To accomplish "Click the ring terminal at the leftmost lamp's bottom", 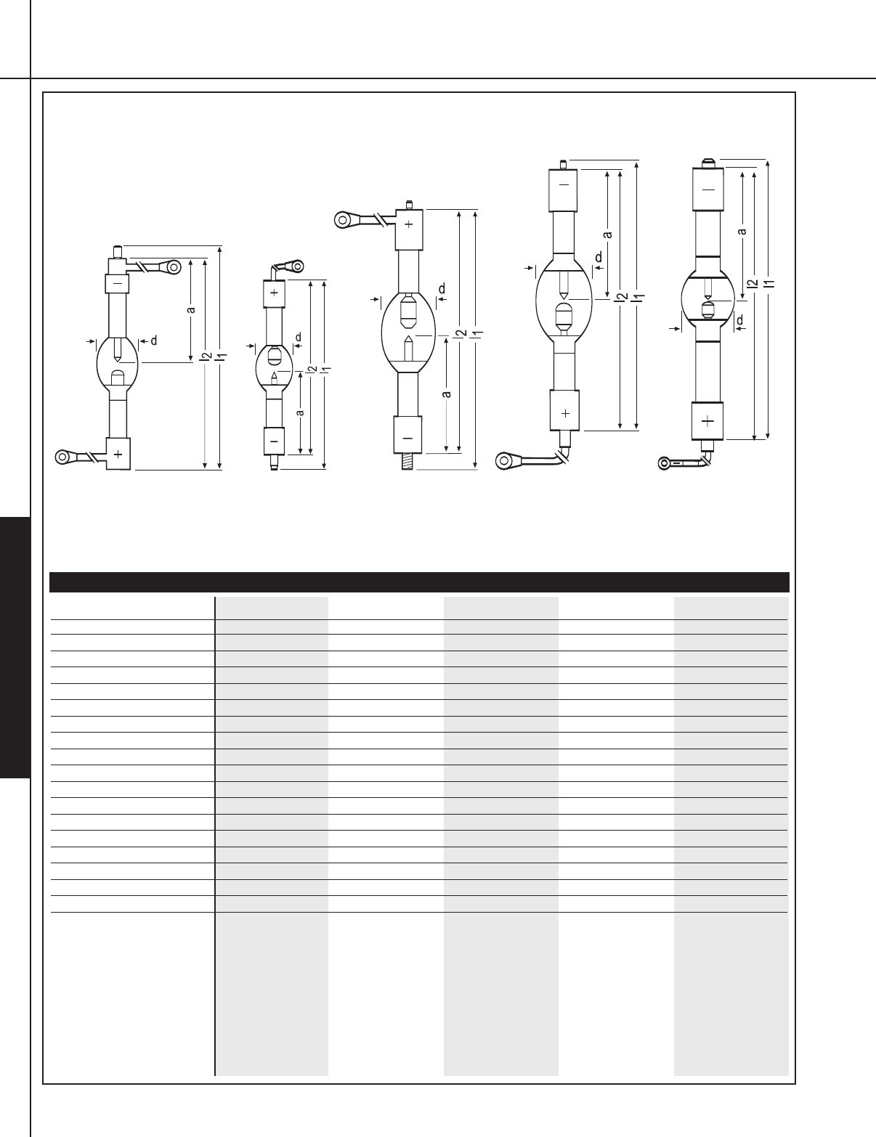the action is click(63, 457).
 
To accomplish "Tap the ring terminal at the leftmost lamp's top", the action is click(173, 267).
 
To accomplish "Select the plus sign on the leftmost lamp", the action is click(118, 454).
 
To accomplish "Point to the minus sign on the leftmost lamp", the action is click(118, 283).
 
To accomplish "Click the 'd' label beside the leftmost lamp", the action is click(154, 341).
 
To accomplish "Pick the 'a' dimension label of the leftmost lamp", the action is click(191, 310).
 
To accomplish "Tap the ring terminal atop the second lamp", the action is click(296, 266).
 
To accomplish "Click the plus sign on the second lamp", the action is click(275, 293).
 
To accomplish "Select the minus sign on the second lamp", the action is click(275, 441).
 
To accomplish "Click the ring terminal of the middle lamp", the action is click(343, 220).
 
